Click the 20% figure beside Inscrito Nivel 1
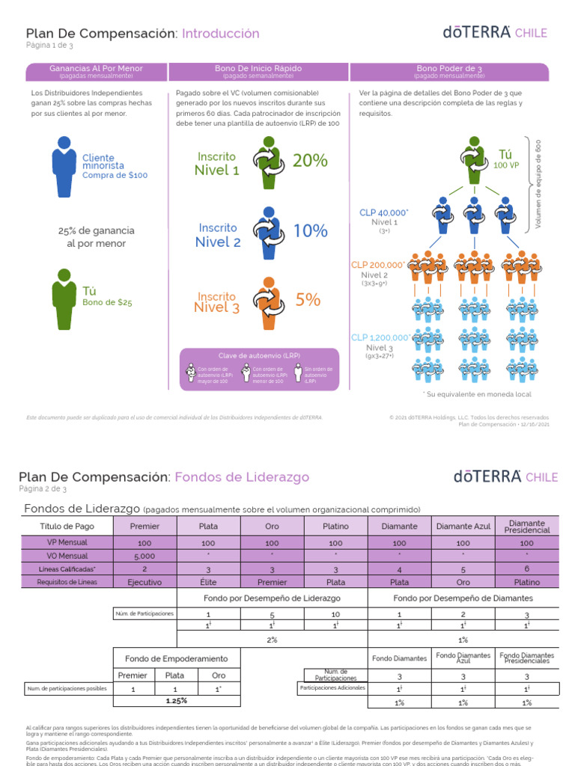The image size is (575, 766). tap(310, 161)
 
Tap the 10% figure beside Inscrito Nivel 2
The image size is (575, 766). tap(310, 231)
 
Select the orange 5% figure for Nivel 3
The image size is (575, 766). tap(308, 300)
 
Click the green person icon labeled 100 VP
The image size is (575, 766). tap(474, 160)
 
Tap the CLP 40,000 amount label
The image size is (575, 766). tap(383, 213)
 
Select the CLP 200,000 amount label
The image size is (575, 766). tap(378, 265)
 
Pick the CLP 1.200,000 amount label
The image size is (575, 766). tap(380, 337)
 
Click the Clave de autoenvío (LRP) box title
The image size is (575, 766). tap(259, 355)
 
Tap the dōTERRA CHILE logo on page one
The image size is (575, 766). tap(495, 32)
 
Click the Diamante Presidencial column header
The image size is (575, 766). tap(526, 526)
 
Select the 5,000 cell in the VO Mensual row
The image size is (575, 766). tap(144, 556)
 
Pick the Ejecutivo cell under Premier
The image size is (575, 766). tap(144, 581)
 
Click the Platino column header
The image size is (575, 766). tap(335, 526)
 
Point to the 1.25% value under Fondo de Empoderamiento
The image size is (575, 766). tap(176, 701)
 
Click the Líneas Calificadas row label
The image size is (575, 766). tap(67, 569)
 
